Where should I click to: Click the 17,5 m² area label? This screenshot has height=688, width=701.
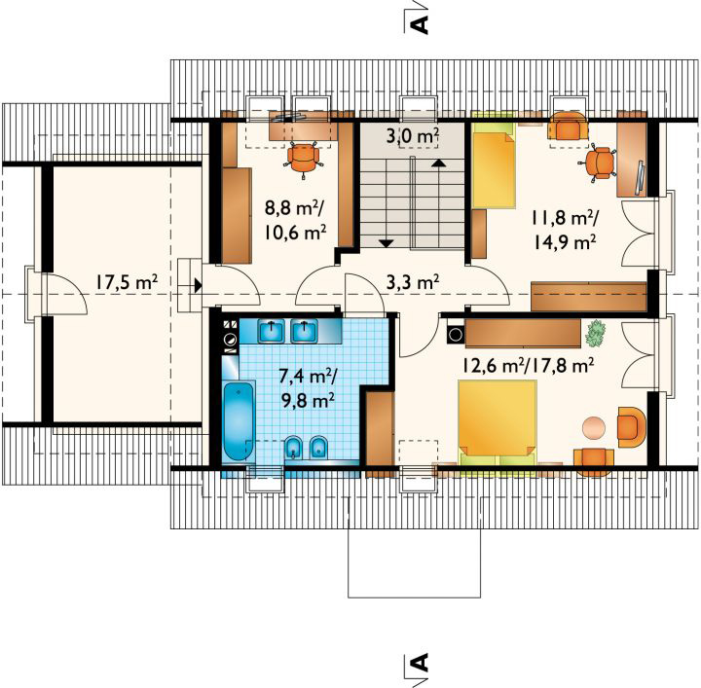point(126,282)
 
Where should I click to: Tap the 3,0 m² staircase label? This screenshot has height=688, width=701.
point(412,136)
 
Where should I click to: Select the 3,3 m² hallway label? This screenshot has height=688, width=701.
point(412,282)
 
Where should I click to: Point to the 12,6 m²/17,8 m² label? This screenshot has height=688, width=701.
point(528,366)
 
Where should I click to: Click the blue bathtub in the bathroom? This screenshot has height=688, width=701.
point(239,420)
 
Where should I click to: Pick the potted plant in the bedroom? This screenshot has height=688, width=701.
point(595,333)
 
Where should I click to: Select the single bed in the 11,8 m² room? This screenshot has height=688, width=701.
point(494,165)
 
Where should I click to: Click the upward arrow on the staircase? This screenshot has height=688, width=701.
point(439,163)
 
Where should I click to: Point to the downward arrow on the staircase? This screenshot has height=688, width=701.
point(386,243)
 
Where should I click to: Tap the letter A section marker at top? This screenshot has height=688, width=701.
point(422,24)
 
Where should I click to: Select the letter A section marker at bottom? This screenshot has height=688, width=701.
point(422,662)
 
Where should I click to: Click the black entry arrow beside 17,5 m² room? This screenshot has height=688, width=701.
point(198,285)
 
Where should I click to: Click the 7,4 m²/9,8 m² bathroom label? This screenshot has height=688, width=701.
point(308,388)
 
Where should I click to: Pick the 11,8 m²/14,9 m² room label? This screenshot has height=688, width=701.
point(565,231)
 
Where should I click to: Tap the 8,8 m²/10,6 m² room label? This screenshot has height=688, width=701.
point(296,220)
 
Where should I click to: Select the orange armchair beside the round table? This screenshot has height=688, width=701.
point(631,427)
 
